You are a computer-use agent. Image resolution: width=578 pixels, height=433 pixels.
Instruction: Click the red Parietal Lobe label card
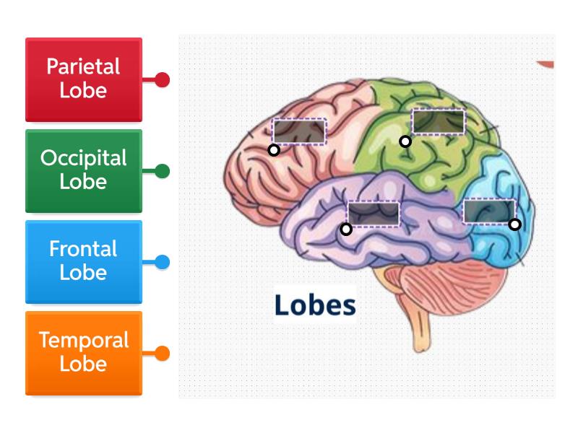pos(84,79)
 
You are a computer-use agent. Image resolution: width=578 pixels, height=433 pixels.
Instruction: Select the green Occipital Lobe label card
pos(84,171)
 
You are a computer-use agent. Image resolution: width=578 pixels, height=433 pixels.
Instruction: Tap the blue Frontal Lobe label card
pos(84,262)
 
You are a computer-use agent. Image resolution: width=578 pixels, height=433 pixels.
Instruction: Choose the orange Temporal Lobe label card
pos(84,353)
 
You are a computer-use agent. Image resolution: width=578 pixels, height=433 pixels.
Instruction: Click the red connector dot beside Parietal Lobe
pos(163,79)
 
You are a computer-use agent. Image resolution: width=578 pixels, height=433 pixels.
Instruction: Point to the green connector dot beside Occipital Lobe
pos(163,171)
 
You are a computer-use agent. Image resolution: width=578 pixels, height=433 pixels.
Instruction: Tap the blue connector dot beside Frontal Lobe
pos(163,262)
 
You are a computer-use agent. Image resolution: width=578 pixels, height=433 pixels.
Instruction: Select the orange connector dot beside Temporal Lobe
pos(163,354)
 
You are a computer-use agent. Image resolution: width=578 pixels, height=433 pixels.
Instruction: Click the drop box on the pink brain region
pos(299,131)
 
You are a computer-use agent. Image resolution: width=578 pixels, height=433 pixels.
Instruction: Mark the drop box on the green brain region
pos(438,121)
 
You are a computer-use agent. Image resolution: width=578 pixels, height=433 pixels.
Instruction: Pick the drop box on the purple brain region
pos(373,214)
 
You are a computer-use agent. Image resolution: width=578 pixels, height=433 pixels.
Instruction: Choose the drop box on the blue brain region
pos(489,211)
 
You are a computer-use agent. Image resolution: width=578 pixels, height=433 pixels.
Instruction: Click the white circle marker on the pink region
pos(274,150)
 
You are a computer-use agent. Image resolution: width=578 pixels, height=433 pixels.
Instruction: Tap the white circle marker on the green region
pos(405,141)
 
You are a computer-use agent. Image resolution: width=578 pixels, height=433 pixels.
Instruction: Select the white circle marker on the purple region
pos(346,229)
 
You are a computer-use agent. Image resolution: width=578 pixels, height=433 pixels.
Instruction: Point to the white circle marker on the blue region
pos(514,224)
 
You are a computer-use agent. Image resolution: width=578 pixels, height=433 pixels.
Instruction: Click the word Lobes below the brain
pos(315,305)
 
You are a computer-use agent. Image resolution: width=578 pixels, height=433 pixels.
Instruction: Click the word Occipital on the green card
pos(84,158)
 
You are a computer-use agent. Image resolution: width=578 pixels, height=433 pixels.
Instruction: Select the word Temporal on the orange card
pos(84,340)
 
